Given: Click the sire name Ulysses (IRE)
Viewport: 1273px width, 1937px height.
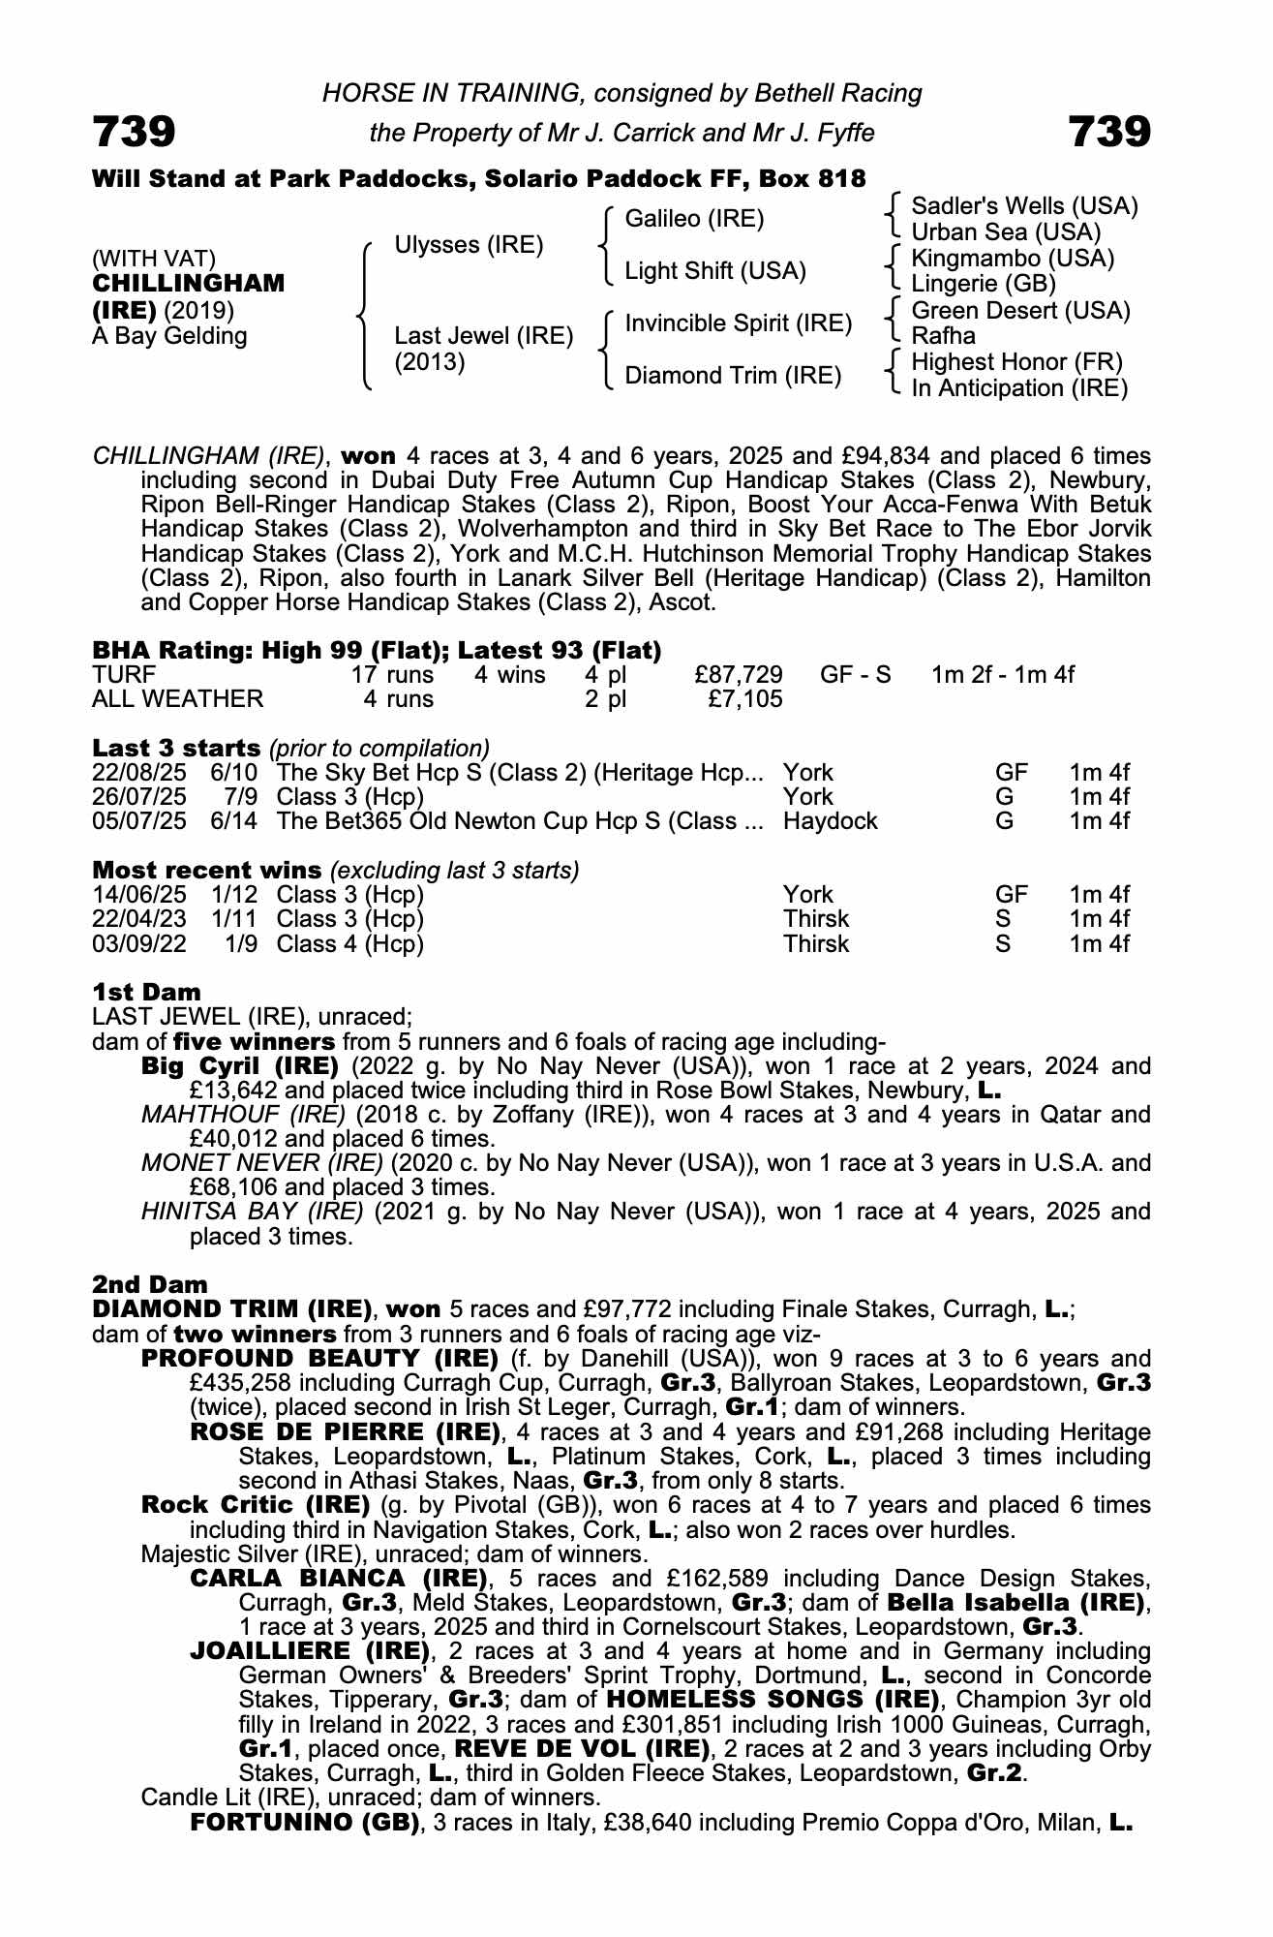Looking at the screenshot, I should click(469, 245).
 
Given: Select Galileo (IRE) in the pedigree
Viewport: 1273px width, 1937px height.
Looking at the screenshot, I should click(694, 219).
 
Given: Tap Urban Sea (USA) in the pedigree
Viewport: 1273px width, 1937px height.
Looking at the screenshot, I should click(1006, 232).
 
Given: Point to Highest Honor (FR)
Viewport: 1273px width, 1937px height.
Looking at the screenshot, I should click(1016, 362).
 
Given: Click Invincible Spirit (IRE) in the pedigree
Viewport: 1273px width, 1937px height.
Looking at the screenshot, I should click(738, 323).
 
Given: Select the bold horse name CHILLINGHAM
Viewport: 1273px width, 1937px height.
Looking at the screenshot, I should click(189, 284).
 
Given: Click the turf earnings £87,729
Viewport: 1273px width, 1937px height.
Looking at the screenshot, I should click(738, 675).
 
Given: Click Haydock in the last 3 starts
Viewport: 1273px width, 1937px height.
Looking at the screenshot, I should click(830, 821).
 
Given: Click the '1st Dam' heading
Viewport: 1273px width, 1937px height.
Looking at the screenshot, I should click(147, 992).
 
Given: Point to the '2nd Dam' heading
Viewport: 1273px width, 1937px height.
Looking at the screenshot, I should click(150, 1284).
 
